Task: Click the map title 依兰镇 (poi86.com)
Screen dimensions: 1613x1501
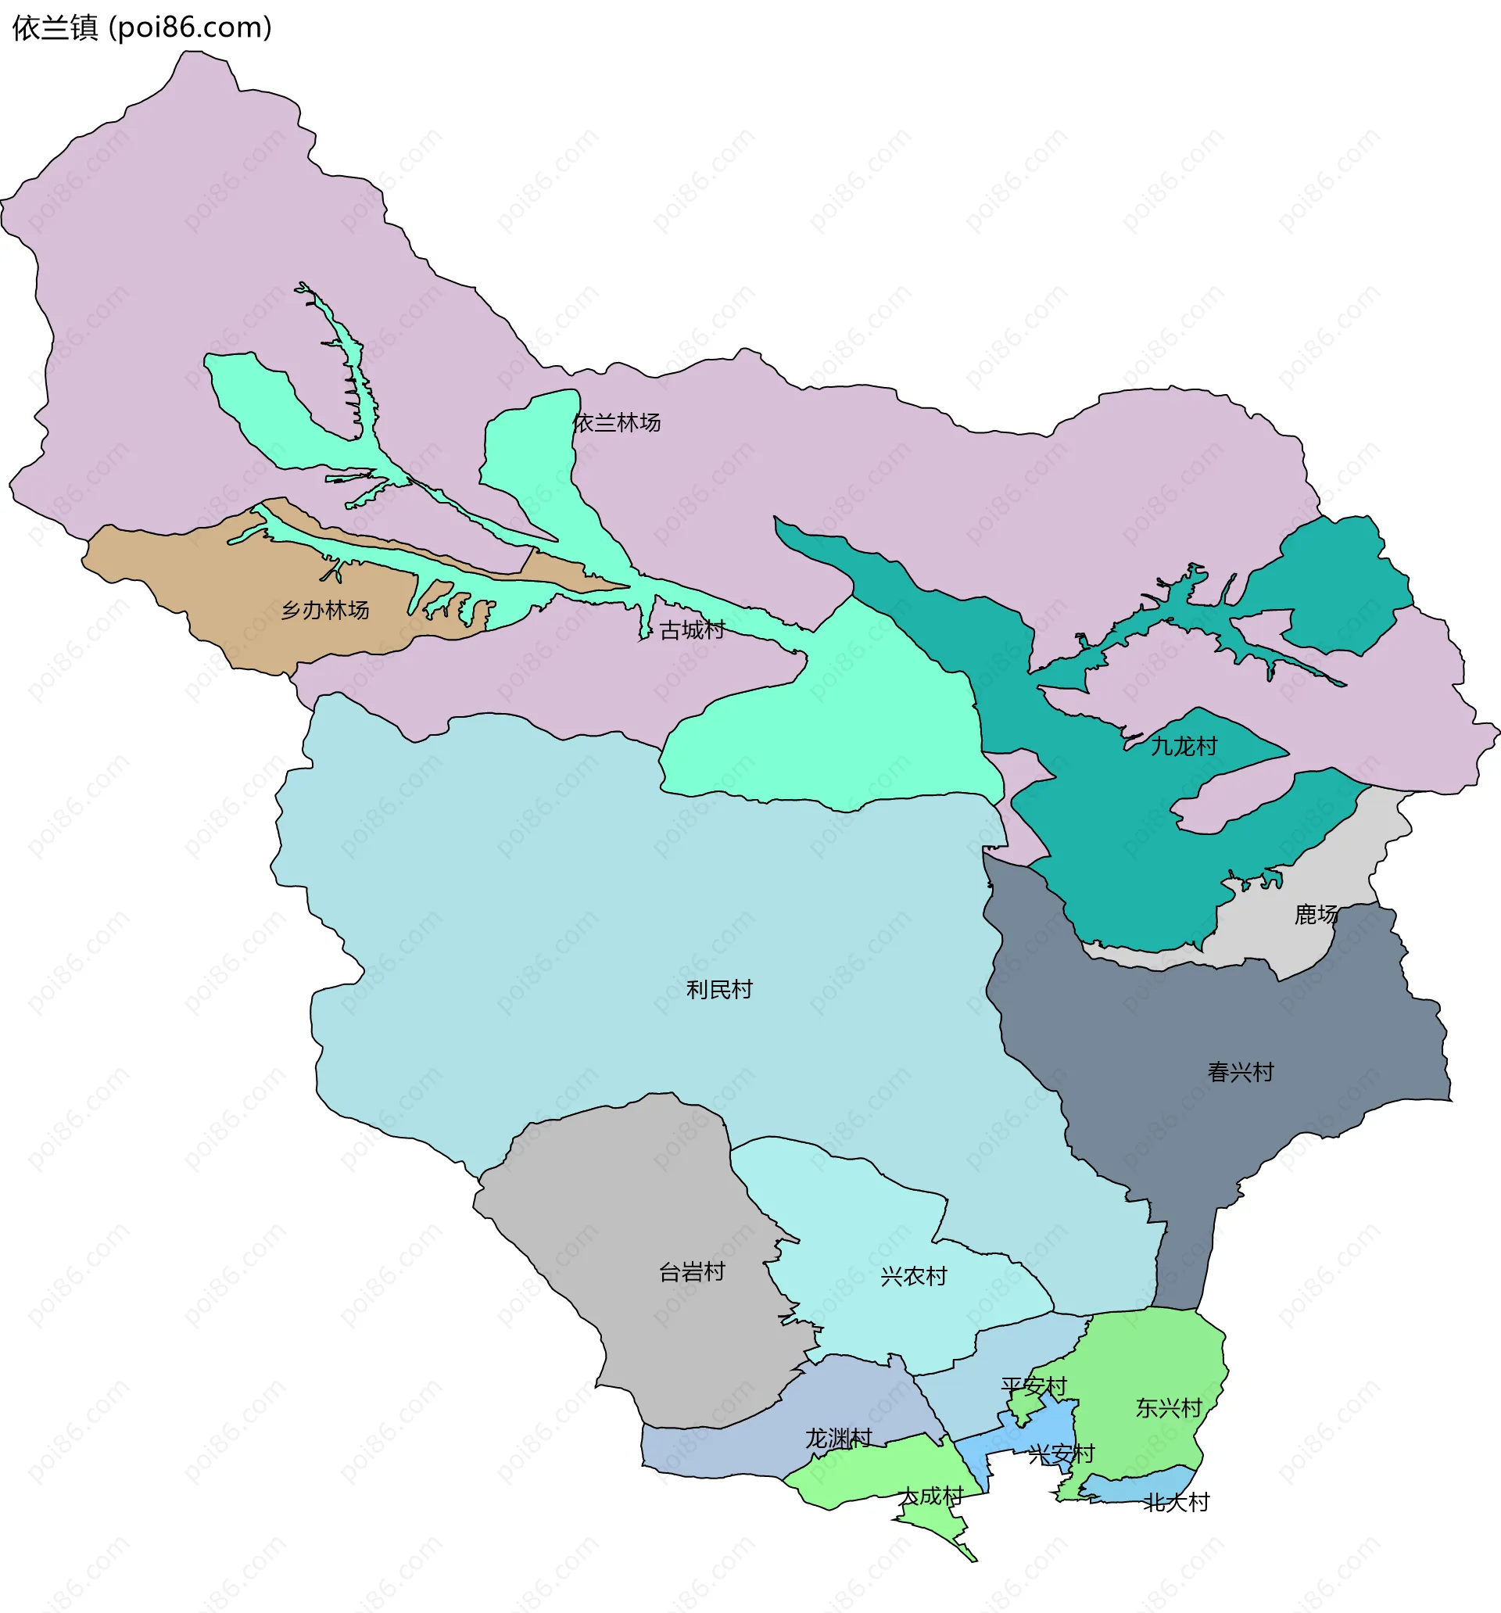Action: click(x=142, y=28)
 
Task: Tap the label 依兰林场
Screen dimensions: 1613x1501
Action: click(x=617, y=423)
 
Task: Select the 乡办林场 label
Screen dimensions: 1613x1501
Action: click(x=325, y=610)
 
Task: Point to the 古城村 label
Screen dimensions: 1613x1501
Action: click(x=692, y=629)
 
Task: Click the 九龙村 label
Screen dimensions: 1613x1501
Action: click(x=1184, y=747)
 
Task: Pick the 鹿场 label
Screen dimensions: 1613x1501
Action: click(x=1316, y=916)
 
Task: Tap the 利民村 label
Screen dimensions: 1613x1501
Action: click(x=720, y=990)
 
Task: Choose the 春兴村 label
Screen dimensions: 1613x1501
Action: click(x=1241, y=1073)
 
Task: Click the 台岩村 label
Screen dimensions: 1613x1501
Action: click(x=692, y=1272)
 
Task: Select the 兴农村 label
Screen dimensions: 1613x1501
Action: click(x=914, y=1277)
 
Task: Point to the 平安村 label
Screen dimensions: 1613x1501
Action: click(x=1034, y=1386)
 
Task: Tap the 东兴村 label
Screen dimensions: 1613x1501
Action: click(x=1168, y=1408)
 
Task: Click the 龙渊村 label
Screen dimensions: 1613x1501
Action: click(x=838, y=1439)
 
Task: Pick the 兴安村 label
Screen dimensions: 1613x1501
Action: click(x=1061, y=1454)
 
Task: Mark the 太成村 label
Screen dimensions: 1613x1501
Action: click(x=931, y=1497)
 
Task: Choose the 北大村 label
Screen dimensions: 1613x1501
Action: click(x=1177, y=1503)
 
